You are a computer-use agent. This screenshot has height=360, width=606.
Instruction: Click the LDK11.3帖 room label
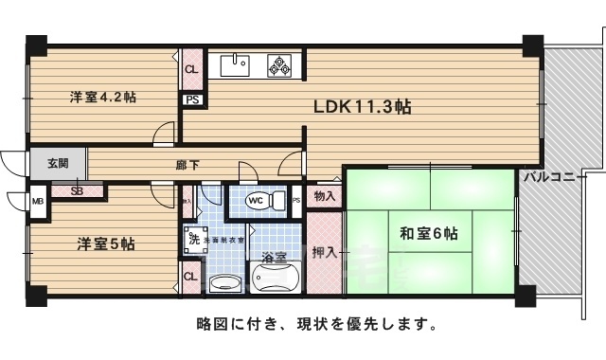363,107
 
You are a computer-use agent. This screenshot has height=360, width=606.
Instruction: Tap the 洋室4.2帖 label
99,97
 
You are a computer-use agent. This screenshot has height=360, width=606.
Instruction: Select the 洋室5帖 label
105,243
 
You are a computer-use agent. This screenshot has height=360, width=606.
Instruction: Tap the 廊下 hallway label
187,165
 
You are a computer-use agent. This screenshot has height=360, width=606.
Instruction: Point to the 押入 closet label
323,253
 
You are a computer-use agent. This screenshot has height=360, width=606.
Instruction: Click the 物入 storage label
324,195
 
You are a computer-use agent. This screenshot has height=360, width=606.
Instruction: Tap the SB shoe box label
75,190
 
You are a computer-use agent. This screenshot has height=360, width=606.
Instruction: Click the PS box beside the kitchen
191,99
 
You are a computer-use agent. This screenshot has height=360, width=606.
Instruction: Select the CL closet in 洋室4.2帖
191,69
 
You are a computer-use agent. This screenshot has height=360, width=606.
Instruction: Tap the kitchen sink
235,65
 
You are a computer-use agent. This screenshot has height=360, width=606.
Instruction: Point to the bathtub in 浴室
275,280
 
